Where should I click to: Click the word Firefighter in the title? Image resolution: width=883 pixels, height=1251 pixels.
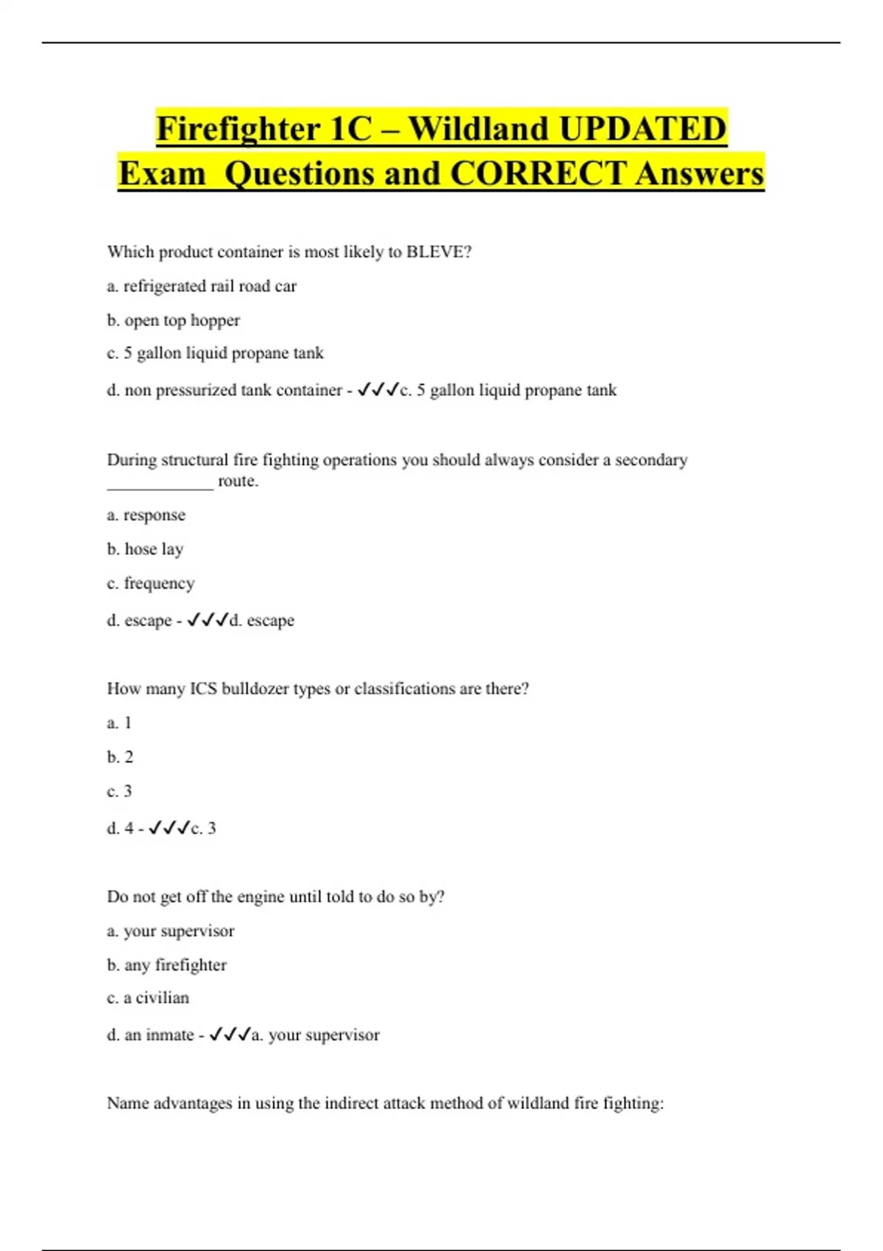[237, 130]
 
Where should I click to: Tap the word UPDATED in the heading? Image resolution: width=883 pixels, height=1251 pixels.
[642, 130]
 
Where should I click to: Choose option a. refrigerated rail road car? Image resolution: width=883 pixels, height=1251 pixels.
[202, 286]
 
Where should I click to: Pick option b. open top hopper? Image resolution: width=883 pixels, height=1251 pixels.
[174, 321]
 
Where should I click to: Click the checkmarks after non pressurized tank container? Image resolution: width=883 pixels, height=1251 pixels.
[378, 390]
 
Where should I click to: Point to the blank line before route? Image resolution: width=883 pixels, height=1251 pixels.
[160, 483]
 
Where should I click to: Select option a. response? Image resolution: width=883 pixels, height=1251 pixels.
[146, 515]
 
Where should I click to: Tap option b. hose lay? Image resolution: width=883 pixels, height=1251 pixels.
[145, 550]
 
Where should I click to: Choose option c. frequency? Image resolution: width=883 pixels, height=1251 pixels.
[151, 584]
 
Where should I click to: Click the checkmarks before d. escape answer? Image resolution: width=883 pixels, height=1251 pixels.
[208, 620]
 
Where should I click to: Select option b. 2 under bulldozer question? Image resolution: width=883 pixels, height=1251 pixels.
[120, 757]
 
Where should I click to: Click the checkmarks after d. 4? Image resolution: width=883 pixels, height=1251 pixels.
[169, 829]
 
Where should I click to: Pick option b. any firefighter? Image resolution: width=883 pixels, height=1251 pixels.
[166, 965]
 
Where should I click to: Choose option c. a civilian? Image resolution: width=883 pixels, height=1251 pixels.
[148, 998]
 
